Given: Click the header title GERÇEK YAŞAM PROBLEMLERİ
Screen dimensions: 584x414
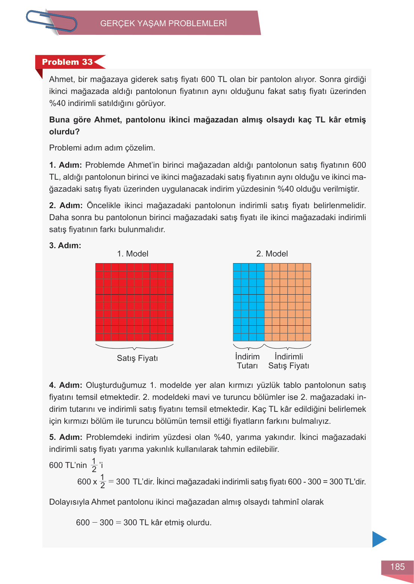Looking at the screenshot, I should click(x=164, y=23).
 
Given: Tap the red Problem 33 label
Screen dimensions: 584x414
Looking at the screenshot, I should click(x=67, y=62).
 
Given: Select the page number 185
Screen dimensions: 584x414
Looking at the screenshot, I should click(x=397, y=567).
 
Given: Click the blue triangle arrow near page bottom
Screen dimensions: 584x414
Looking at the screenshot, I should click(x=378, y=539).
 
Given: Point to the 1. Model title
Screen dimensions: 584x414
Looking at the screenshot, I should click(x=133, y=254).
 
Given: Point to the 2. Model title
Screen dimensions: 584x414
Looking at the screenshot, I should click(x=272, y=254).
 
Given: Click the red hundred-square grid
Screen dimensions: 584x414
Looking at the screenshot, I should click(x=134, y=302).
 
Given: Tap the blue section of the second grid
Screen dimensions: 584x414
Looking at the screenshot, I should click(x=249, y=302).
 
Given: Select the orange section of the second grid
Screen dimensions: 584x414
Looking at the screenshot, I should click(x=287, y=302).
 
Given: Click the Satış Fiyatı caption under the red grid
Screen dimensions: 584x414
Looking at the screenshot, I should click(x=137, y=358).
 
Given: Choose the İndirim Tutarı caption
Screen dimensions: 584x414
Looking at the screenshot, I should click(x=247, y=361).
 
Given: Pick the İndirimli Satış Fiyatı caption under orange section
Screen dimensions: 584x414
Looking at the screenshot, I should click(x=289, y=361).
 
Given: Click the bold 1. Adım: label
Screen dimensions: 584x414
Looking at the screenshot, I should click(x=66, y=165).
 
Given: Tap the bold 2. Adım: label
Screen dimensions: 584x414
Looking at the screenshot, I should click(x=66, y=206).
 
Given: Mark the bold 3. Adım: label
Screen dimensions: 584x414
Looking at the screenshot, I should click(x=65, y=246).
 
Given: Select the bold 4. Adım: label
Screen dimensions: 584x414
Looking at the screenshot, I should click(x=66, y=385).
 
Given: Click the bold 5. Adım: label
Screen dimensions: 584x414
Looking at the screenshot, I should click(x=66, y=437).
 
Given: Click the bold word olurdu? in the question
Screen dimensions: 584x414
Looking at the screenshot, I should click(x=64, y=132).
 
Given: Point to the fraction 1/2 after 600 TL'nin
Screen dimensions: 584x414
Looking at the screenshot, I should click(x=94, y=465).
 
